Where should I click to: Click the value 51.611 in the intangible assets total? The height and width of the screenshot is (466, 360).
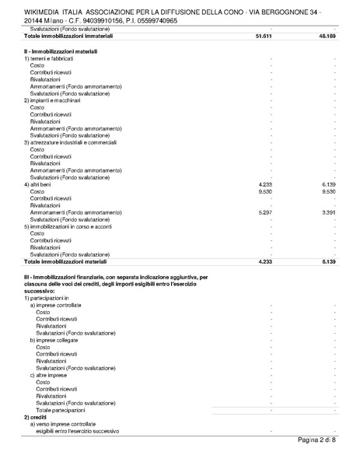pos(262,36)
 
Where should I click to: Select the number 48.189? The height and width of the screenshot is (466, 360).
pos(325,36)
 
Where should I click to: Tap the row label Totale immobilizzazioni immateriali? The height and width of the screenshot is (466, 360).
pos(68,36)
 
